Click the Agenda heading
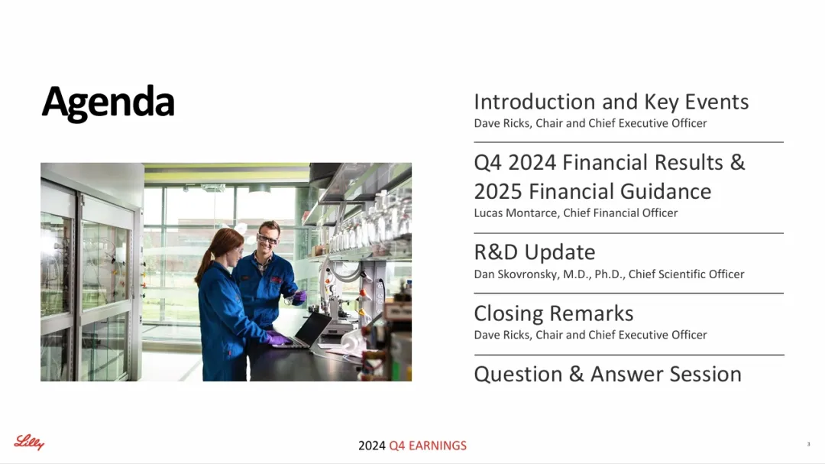point(108,102)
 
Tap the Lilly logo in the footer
point(29,443)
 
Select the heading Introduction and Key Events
point(611,102)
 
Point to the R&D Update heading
point(535,252)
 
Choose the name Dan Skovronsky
point(515,274)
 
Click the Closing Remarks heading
point(554,313)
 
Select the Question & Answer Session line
point(608,375)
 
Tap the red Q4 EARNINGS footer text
point(428,446)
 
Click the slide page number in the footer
point(809,444)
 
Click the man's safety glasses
point(267,239)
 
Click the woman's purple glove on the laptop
point(277,339)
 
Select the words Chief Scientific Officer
point(686,274)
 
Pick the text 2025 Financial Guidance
point(593,191)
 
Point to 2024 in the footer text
point(372,446)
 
